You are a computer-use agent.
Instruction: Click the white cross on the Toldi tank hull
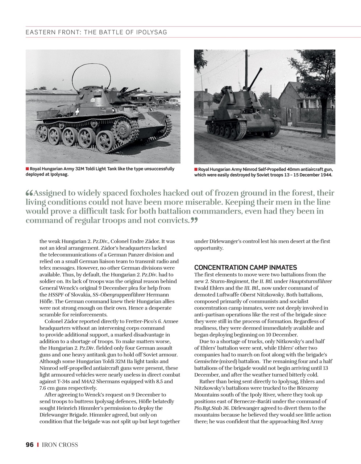point(77,111)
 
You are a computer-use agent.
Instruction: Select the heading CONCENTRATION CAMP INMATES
point(245,268)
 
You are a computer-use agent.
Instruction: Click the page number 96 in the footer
point(30,445)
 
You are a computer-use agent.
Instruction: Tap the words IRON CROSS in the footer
point(60,445)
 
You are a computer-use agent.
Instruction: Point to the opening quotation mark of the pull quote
point(29,193)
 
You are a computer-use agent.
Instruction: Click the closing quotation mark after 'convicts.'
point(194,220)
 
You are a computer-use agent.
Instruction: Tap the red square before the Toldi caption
point(27,169)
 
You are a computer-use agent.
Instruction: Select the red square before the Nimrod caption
point(196,169)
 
